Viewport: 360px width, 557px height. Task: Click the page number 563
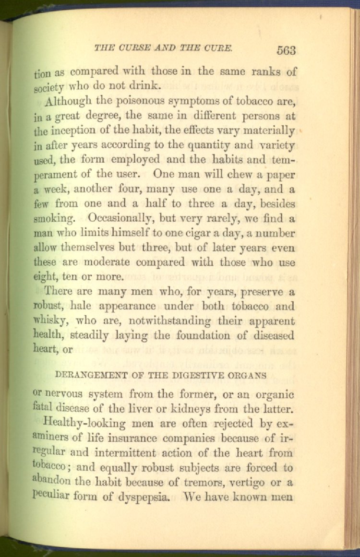pyautogui.click(x=286, y=50)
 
